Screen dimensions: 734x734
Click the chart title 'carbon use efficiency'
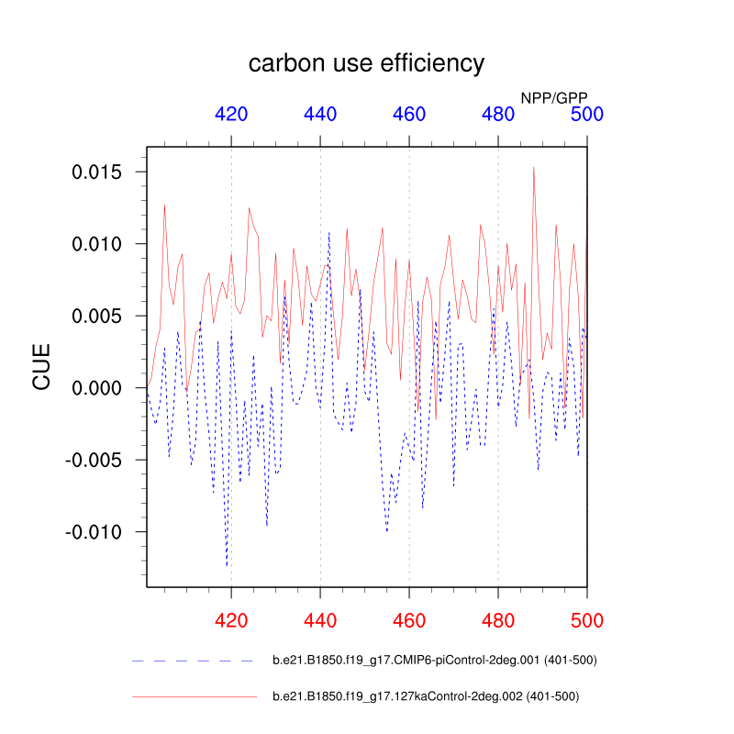366,63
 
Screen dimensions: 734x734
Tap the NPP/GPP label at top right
554,96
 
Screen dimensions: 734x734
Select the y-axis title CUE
42,367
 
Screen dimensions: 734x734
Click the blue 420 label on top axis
231,115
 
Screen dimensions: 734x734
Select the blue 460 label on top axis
409,115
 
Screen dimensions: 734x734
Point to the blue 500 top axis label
587,115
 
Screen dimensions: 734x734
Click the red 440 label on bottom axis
320,620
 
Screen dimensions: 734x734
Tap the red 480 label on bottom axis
498,620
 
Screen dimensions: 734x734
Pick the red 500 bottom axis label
587,620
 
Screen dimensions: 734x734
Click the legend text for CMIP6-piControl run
435,660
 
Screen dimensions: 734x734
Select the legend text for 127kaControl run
426,696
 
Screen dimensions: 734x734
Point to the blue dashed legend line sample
193,661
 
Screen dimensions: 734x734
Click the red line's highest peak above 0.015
533,168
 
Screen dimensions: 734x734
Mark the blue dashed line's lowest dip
227,565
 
